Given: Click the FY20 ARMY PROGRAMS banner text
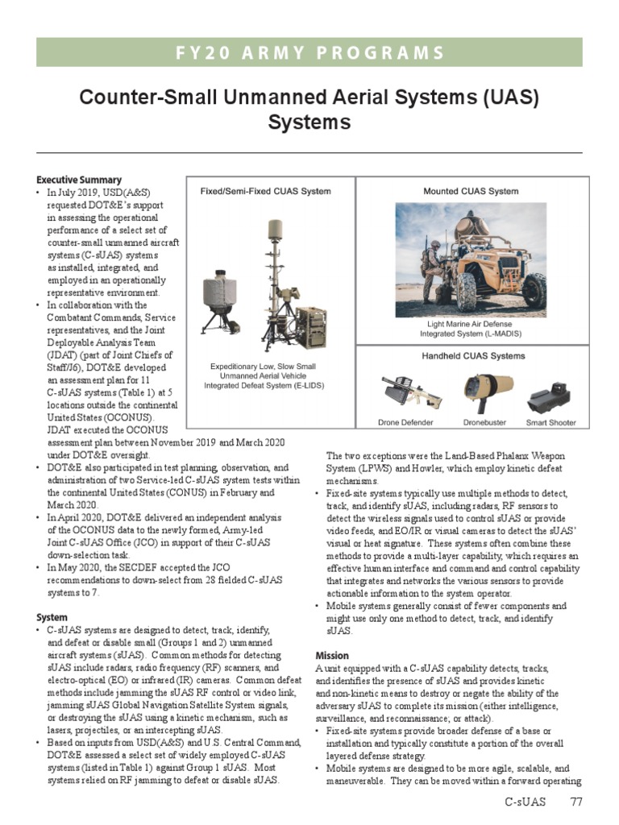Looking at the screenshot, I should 309,53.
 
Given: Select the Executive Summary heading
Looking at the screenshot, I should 79,180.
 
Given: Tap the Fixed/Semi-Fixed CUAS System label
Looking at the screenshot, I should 265,192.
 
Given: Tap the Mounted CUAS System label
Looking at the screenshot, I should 471,192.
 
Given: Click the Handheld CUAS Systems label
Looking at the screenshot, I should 472,355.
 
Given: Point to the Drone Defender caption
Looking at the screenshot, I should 405,422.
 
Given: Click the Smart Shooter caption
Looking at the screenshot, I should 551,422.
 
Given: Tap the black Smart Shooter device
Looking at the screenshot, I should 550,398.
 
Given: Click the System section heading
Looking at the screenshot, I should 52,618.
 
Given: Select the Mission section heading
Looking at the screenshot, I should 332,656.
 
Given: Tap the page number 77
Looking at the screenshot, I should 575,802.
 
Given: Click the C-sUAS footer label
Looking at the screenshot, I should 526,802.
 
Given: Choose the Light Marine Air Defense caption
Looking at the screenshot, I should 471,323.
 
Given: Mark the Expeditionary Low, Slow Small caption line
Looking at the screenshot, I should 264,367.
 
